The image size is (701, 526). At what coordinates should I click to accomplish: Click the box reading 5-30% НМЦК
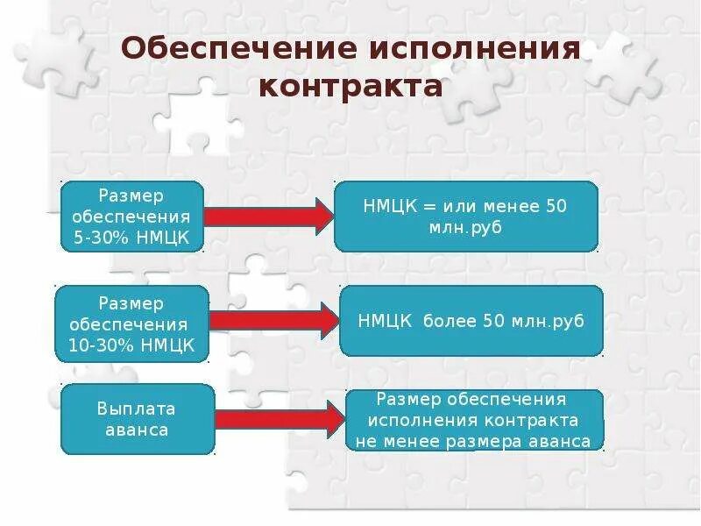click(131, 216)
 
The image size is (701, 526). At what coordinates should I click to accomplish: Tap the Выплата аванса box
click(137, 419)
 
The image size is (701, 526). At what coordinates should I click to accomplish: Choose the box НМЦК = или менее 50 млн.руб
click(465, 217)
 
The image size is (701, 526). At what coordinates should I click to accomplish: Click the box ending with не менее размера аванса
click(474, 420)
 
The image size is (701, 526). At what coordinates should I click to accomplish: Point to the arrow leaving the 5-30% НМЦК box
click(267, 216)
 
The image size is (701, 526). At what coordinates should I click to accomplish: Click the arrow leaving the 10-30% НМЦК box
click(273, 321)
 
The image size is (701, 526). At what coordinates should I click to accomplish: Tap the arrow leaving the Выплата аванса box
click(279, 419)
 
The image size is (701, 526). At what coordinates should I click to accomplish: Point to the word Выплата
click(137, 409)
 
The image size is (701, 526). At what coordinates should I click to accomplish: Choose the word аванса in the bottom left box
click(137, 430)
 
